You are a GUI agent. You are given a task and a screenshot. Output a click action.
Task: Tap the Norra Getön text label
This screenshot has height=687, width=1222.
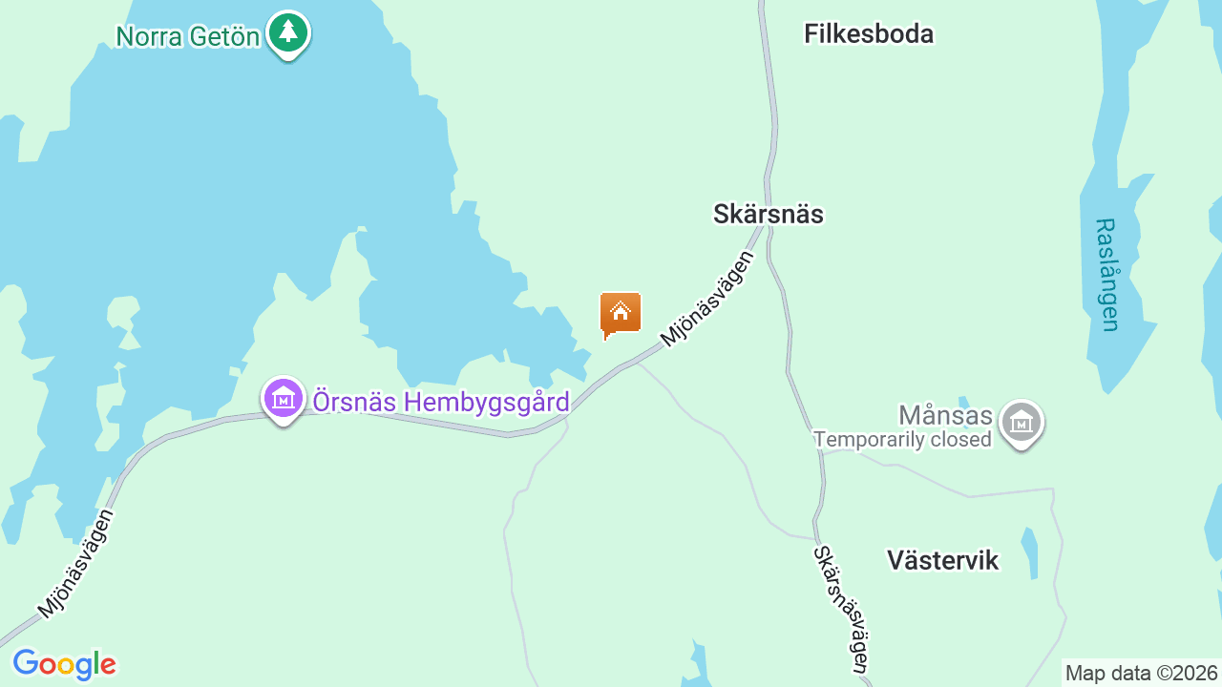click(188, 37)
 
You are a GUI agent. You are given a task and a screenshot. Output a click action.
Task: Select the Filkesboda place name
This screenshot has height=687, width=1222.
click(868, 34)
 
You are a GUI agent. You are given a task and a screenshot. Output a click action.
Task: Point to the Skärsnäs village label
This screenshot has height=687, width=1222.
click(768, 215)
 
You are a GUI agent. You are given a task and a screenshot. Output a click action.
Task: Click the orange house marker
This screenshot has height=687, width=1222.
click(620, 313)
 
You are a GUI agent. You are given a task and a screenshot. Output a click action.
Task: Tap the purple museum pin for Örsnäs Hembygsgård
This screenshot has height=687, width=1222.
click(283, 400)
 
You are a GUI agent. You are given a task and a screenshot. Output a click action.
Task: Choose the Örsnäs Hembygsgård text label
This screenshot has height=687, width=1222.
click(441, 402)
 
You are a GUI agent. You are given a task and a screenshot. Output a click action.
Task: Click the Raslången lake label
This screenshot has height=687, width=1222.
click(1107, 275)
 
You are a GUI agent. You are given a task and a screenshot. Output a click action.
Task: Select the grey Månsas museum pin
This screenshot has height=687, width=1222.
click(1021, 422)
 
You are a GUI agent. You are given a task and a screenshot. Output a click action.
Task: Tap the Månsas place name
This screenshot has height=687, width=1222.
click(945, 416)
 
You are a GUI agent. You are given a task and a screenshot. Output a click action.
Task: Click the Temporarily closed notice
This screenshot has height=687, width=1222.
click(902, 440)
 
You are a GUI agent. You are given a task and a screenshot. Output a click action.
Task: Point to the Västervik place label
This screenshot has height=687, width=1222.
click(942, 560)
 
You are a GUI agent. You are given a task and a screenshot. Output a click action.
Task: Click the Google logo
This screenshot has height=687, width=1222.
click(64, 664)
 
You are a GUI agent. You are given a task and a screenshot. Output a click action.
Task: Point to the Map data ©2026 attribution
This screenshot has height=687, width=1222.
click(1141, 674)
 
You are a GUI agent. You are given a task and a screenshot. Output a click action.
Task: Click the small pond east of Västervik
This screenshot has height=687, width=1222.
click(1029, 552)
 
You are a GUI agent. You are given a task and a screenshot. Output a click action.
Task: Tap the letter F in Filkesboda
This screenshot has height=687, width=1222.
click(811, 34)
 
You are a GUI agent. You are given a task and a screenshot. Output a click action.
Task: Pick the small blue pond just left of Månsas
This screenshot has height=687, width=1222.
click(963, 402)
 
